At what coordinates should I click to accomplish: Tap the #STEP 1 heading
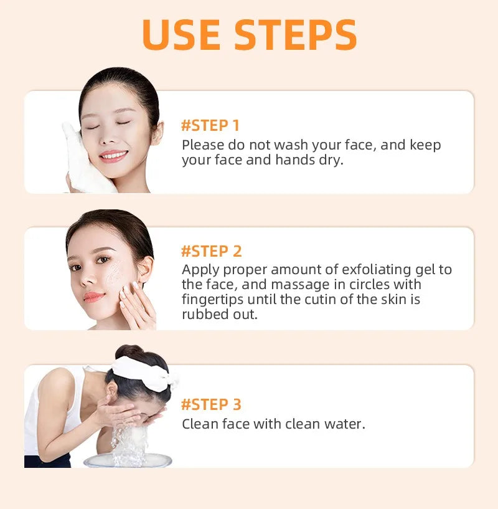(210, 125)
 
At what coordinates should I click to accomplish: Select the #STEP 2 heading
(211, 251)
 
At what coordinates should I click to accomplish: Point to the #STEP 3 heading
(211, 404)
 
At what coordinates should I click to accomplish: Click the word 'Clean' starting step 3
(198, 424)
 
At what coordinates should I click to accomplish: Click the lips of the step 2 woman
(94, 296)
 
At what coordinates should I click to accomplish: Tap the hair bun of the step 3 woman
(127, 352)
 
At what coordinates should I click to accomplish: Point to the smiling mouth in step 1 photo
(113, 155)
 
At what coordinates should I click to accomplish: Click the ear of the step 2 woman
(144, 270)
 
